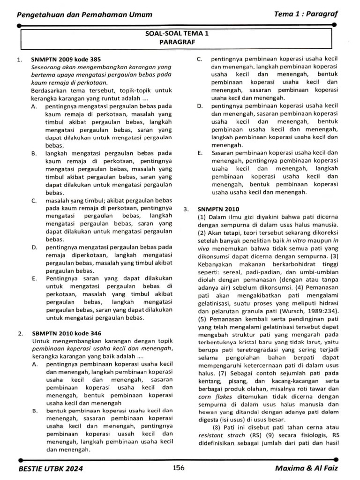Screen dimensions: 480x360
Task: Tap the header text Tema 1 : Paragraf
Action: tap(306, 14)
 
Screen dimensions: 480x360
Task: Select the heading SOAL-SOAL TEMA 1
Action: tap(177, 33)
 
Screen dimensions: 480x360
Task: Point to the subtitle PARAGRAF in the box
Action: tap(177, 42)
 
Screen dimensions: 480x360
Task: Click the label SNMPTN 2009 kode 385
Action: tap(66, 60)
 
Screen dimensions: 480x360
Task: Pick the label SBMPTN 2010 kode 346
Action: tap(67, 333)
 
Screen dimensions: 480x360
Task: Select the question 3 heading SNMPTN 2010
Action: tap(218, 209)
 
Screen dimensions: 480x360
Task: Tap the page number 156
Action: tap(178, 467)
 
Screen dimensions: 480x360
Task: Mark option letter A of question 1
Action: tap(34, 106)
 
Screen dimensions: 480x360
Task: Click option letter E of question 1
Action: tap(34, 278)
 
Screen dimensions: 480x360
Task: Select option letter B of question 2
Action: tap(34, 411)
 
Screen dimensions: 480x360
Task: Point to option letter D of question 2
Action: tap(200, 106)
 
